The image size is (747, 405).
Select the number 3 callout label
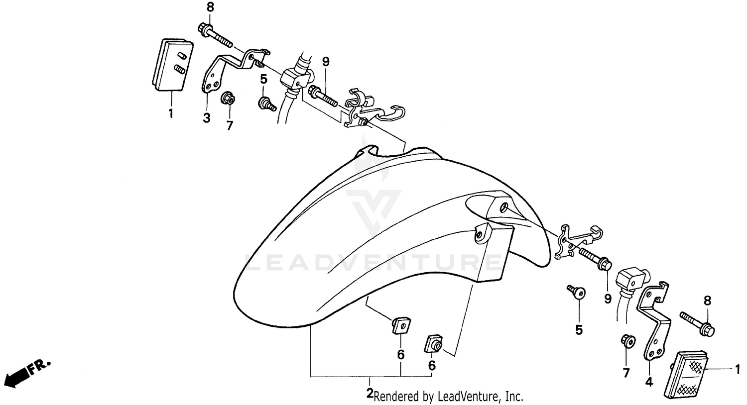(206, 118)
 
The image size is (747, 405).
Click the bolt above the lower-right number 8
(698, 322)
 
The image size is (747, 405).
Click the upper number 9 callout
(326, 62)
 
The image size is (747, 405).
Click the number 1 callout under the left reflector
(170, 113)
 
